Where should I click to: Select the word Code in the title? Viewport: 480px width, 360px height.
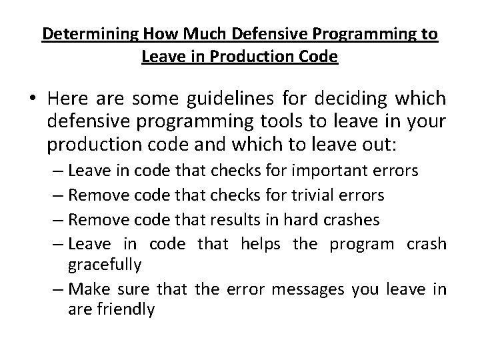point(319,57)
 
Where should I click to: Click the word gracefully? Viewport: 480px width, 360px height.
point(104,264)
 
